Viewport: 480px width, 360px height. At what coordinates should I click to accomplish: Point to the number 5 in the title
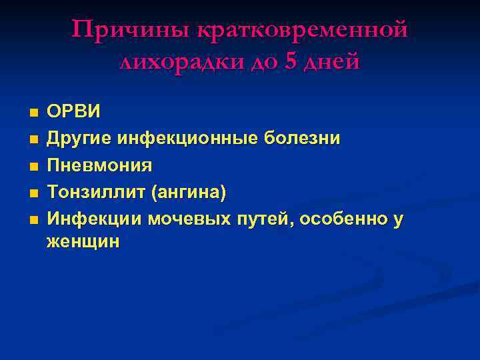click(289, 62)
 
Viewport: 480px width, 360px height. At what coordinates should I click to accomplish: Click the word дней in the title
click(331, 62)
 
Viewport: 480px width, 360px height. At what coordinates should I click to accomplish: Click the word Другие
click(79, 138)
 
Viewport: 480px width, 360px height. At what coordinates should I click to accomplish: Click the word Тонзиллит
click(96, 192)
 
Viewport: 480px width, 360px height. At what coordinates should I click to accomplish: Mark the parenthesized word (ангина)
click(189, 192)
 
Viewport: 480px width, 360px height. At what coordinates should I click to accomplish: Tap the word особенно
click(344, 219)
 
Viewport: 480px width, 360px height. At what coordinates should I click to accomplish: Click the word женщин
click(83, 241)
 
